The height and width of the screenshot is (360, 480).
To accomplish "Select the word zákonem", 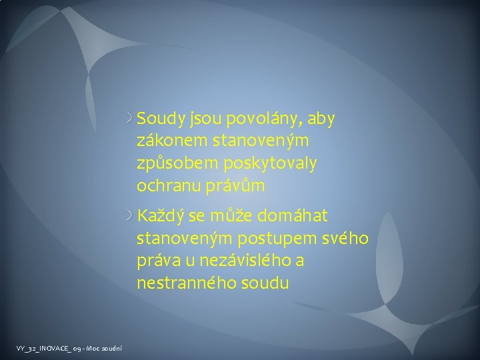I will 167,142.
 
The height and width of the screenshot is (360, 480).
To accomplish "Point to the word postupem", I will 277,239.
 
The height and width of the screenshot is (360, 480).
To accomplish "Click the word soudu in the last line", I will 265,283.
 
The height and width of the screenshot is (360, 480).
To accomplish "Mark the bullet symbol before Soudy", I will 129,119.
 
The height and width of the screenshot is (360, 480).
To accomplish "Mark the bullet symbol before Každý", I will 129,216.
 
